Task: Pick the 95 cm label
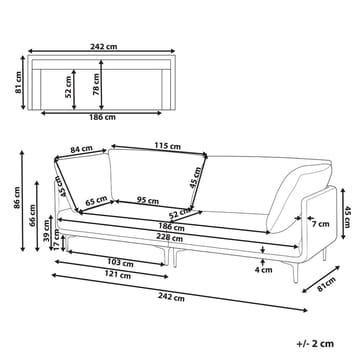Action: click(x=153, y=199)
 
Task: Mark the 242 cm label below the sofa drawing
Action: click(x=170, y=297)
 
